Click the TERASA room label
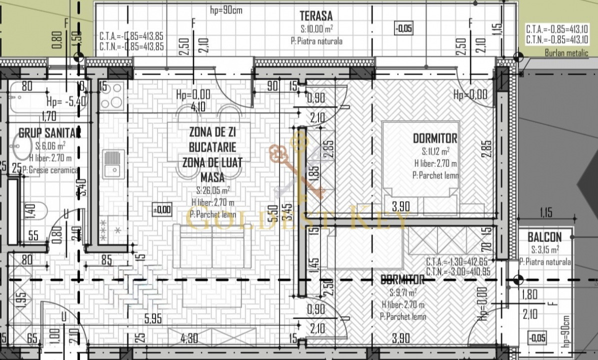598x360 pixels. point(316,16)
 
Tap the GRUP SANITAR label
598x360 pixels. point(49,133)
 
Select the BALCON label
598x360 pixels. point(544,237)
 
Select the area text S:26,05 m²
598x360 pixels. point(213,190)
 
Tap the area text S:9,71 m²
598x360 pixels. point(403,292)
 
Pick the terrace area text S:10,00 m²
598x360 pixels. point(317,29)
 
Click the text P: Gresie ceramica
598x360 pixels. point(50,170)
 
